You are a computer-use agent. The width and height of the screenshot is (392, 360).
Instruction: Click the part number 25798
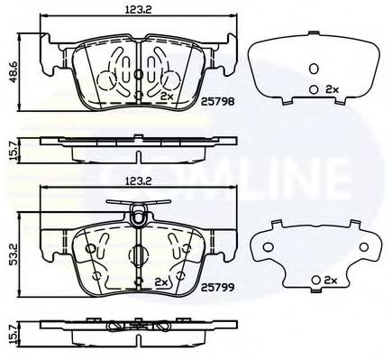pos(217,101)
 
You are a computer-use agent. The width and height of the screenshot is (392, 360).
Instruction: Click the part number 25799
pos(217,288)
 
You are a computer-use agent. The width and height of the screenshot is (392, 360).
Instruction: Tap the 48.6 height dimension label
pos(14,72)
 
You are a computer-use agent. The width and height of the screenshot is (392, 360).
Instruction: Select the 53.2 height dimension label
pos(14,254)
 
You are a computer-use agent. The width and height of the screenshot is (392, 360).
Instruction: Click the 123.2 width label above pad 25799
pos(139,180)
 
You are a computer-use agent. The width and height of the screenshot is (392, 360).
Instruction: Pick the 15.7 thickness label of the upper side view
pos(14,151)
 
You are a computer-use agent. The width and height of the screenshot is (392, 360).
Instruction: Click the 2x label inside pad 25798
pos(167,97)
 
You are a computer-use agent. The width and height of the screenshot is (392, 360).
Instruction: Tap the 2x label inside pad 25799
pos(160,282)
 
